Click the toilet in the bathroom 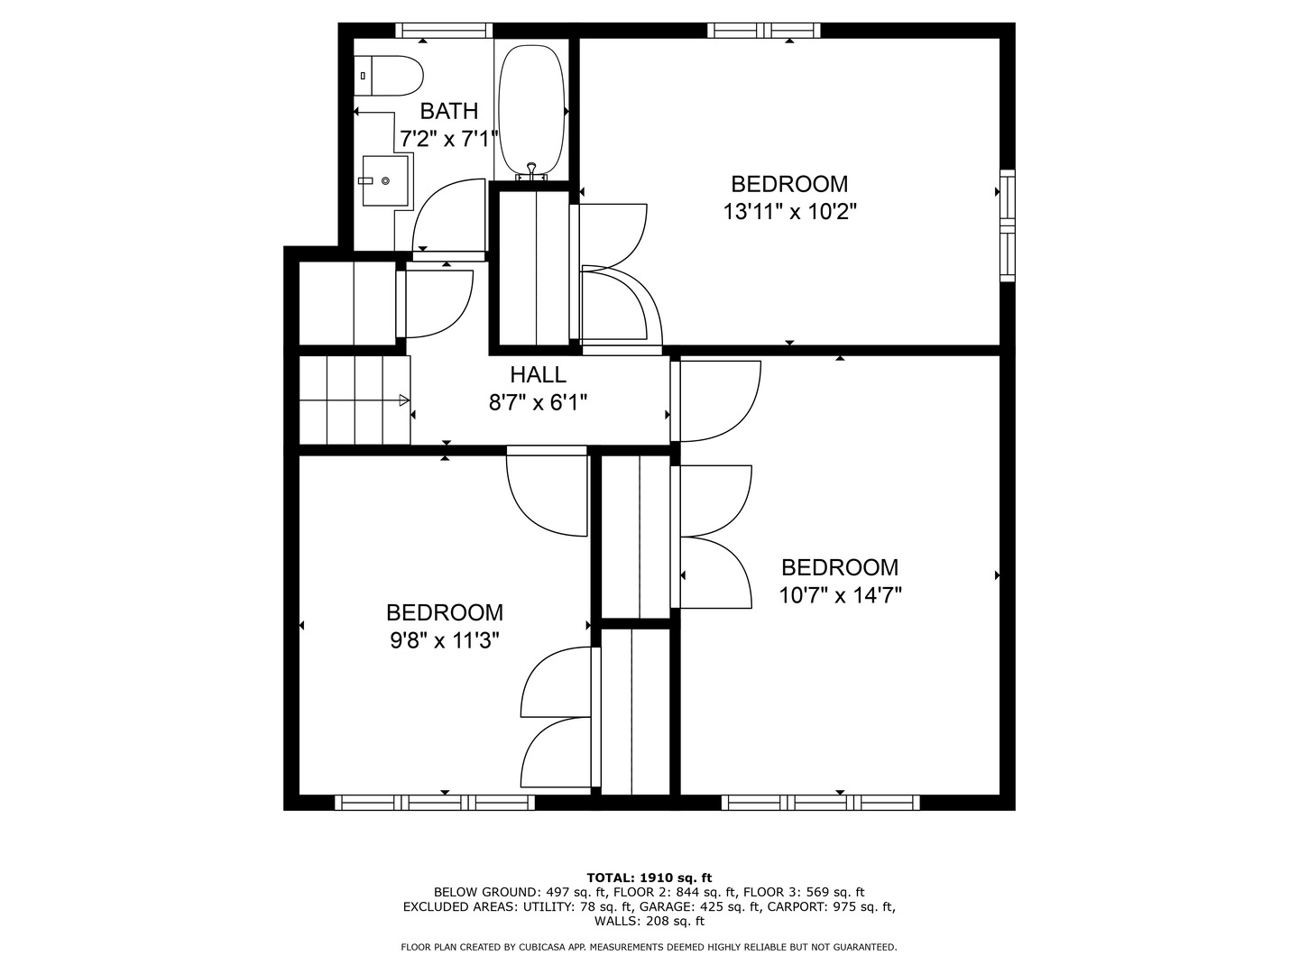[390, 76]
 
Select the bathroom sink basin [385, 180]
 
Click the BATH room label [449, 111]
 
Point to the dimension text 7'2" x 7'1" [449, 139]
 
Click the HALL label [539, 374]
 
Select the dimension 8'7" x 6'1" [539, 402]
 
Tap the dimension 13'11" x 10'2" [789, 212]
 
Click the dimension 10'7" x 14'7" [840, 595]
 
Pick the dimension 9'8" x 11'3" [445, 640]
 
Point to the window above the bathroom [445, 31]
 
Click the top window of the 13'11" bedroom [764, 31]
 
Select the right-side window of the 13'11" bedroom [1008, 225]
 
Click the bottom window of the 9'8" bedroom [435, 803]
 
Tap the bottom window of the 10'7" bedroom [821, 803]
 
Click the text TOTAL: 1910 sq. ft [649, 877]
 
